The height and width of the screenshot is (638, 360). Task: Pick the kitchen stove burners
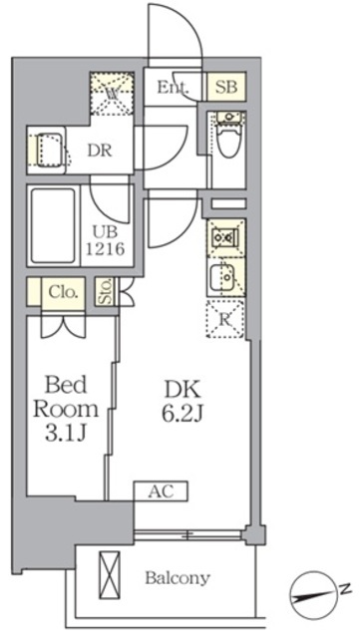point(223,238)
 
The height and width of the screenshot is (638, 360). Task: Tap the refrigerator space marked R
point(225,319)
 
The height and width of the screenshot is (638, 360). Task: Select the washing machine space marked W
point(113,95)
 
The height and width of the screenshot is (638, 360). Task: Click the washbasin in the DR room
point(47,150)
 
